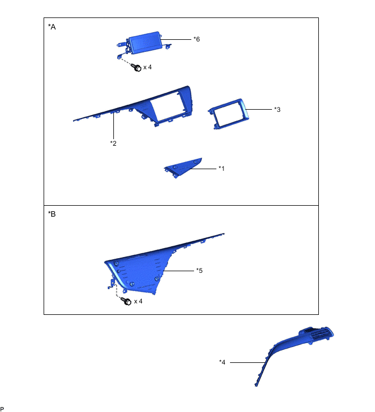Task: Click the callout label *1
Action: pyautogui.click(x=221, y=169)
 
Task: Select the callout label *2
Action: pyautogui.click(x=113, y=143)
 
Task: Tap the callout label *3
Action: pyautogui.click(x=277, y=109)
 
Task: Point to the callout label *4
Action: pyautogui.click(x=222, y=362)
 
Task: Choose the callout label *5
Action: pyautogui.click(x=199, y=270)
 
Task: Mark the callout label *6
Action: pyautogui.click(x=197, y=39)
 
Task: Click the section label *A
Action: pyautogui.click(x=52, y=27)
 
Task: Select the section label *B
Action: pyautogui.click(x=52, y=214)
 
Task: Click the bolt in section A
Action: pyautogui.click(x=136, y=68)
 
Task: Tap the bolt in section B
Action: pyautogui.click(x=126, y=301)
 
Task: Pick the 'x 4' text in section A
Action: pyautogui.click(x=148, y=67)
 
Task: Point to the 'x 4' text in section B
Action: pyautogui.click(x=138, y=301)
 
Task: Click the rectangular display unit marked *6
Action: pyautogui.click(x=144, y=43)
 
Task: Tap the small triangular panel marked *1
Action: pyautogui.click(x=184, y=168)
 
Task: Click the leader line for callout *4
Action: pyautogui.click(x=247, y=362)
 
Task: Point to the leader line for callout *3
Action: pyautogui.click(x=259, y=109)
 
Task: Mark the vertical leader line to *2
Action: pyautogui.click(x=113, y=126)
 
